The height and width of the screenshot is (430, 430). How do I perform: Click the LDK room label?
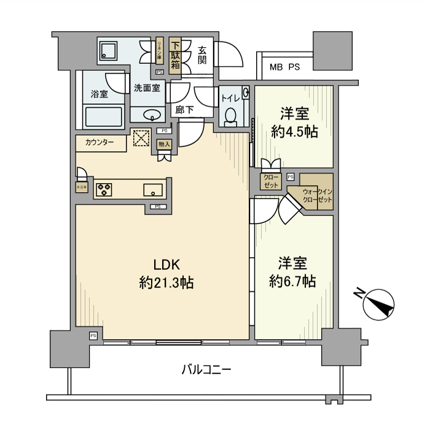click(165, 265)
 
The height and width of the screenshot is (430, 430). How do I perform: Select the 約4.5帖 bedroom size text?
click(294, 131)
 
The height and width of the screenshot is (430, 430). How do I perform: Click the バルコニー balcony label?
click(206, 370)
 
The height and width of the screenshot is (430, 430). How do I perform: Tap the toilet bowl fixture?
click(231, 116)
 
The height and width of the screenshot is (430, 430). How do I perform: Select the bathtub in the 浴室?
click(104, 117)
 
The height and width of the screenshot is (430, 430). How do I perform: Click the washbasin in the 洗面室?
click(151, 115)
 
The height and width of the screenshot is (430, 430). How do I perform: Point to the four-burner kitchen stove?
click(103, 189)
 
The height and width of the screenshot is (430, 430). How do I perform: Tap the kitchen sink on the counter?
click(152, 190)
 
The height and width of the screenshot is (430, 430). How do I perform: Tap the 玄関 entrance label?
click(201, 56)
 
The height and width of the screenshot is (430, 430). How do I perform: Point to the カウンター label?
click(100, 143)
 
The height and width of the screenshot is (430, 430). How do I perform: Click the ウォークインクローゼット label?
click(318, 196)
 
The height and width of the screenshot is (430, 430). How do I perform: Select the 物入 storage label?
click(163, 144)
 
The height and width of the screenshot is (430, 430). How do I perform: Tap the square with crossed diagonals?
click(141, 139)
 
